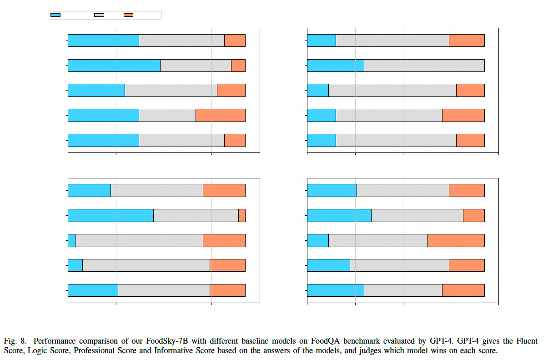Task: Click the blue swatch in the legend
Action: [x=55, y=15]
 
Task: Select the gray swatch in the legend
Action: [x=99, y=15]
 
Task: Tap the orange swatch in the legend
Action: [x=128, y=15]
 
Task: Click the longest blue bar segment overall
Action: [x=114, y=66]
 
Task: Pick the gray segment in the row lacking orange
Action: [x=424, y=66]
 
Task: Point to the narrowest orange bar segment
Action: [x=242, y=216]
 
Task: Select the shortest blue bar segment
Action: [x=72, y=240]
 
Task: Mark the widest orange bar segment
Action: [x=456, y=240]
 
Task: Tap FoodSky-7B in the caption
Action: [x=167, y=341]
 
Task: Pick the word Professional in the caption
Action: [x=94, y=350]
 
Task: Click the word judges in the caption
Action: [x=370, y=350]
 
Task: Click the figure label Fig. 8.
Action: [x=15, y=341]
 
